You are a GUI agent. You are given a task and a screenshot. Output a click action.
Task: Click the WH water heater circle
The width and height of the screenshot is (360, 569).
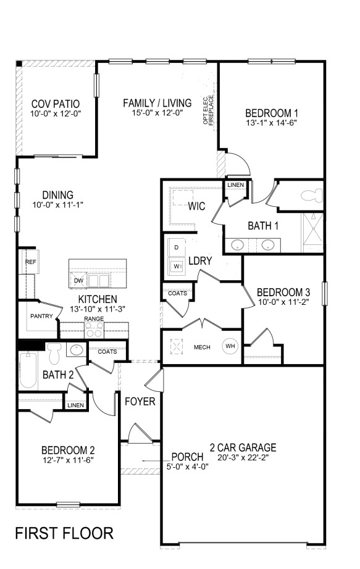pos(230,346)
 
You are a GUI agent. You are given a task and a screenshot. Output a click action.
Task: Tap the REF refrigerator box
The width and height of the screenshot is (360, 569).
pos(30,262)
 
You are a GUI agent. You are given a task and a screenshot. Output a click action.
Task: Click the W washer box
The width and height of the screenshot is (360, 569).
pos(177,267)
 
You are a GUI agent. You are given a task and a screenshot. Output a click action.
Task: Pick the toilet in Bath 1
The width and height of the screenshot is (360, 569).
pos(311,196)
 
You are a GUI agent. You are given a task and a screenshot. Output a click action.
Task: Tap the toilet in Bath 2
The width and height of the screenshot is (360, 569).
pos(54,352)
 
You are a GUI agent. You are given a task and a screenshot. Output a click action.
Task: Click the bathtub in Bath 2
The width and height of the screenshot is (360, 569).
pos(28,370)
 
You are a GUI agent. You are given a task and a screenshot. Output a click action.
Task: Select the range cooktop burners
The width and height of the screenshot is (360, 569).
pos(94,329)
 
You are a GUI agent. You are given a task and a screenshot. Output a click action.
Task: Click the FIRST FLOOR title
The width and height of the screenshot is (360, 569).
pos(64,533)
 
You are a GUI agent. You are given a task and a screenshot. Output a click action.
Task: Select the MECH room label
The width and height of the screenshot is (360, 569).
pos(202,347)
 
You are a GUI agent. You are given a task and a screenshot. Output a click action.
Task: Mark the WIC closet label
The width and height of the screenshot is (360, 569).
pos(196,206)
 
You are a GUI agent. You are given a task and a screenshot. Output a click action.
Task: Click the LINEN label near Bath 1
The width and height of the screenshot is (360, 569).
pos(235,185)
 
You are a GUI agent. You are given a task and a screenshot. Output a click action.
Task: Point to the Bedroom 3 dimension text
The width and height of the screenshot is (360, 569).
pos(283,302)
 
